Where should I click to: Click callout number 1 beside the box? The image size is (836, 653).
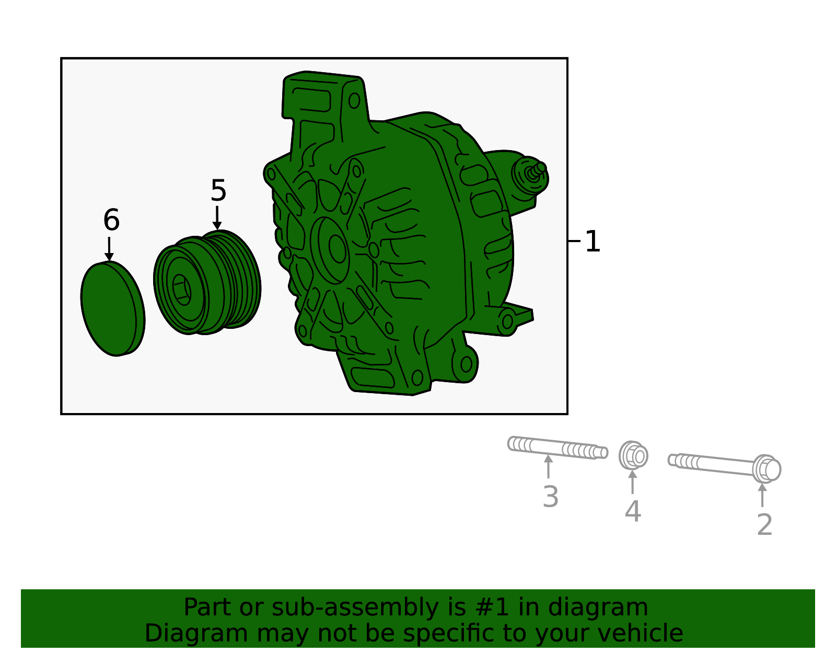(x=593, y=242)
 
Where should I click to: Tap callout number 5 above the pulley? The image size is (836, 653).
(x=218, y=191)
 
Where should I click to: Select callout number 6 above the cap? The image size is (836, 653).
(x=111, y=220)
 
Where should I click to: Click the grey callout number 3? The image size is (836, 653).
(x=551, y=497)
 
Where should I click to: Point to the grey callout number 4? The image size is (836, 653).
(x=633, y=511)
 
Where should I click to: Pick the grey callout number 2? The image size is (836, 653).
(x=764, y=525)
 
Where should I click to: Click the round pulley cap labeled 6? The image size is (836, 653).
(x=112, y=308)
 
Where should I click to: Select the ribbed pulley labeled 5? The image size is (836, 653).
(x=209, y=282)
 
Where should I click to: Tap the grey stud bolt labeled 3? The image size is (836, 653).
(x=556, y=448)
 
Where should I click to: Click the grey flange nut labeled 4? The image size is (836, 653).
(x=633, y=456)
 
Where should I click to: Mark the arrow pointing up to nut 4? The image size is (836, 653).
(x=633, y=482)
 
